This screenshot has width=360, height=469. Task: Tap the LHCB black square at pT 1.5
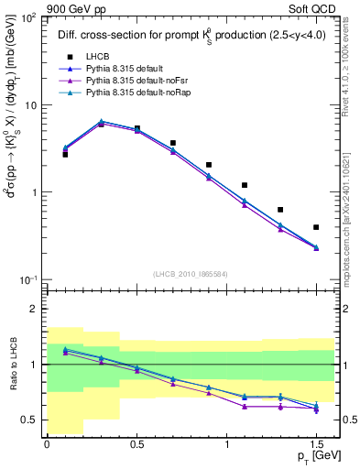point(316,227)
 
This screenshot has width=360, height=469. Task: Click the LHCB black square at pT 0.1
point(65,154)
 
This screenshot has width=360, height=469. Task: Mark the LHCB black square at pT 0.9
point(209,165)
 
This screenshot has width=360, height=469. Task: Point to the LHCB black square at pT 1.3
point(280,210)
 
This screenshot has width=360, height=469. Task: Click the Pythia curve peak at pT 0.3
point(101,122)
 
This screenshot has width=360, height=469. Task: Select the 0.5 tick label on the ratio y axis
point(31,420)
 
